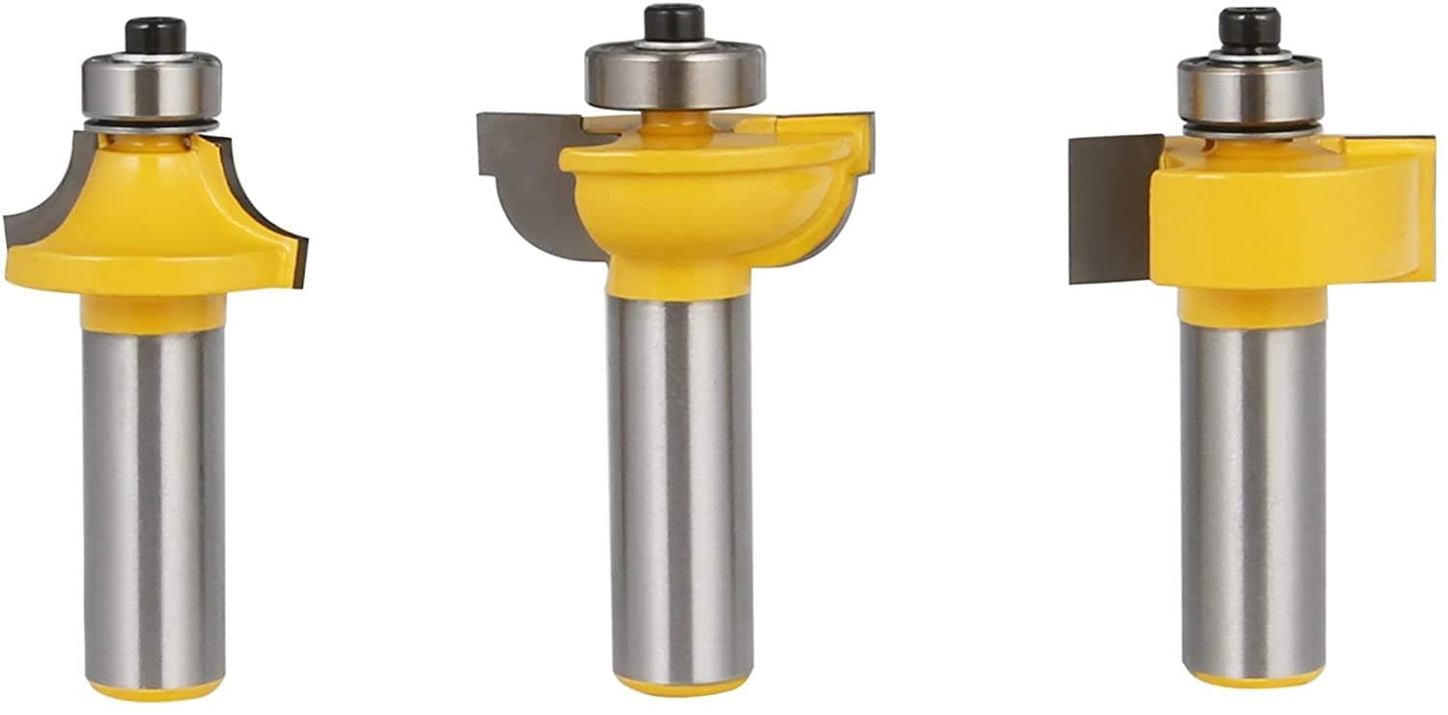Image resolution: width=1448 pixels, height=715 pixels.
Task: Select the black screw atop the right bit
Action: pyautogui.click(x=1248, y=27)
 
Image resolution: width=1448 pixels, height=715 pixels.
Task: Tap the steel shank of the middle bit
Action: pyautogui.click(x=681, y=482)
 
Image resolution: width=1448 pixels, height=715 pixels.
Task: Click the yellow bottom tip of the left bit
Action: pyautogui.click(x=154, y=690)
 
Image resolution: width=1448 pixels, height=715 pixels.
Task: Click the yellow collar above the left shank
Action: pyautogui.click(x=153, y=314)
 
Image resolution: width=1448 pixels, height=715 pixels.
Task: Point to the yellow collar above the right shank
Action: pyautogui.click(x=1252, y=306)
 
